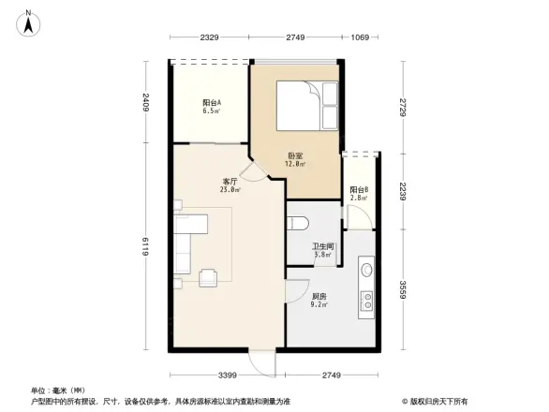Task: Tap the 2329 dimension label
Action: pos(209,37)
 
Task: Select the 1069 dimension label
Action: pos(359,37)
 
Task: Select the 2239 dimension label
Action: pos(401,191)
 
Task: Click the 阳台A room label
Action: pos(212,106)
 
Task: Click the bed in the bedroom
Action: pos(306,105)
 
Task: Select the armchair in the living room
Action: pos(208,275)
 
